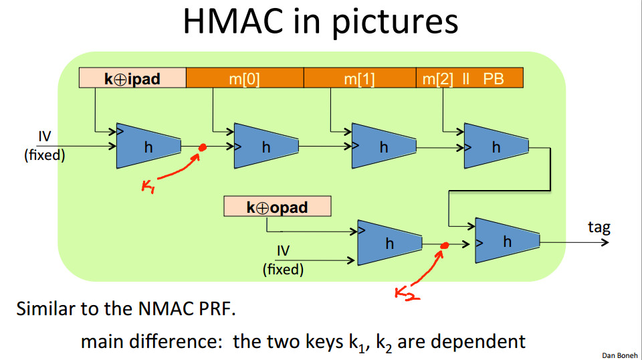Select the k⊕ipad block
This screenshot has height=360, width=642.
click(132, 78)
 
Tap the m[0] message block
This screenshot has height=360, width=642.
click(244, 78)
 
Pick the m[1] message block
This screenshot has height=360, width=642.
click(359, 78)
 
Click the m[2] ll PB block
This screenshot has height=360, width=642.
click(469, 78)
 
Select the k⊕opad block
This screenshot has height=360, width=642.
click(277, 207)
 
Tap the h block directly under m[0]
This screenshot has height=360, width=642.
click(266, 146)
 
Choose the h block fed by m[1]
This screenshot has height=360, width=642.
click(384, 146)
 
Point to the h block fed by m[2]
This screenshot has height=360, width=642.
click(496, 146)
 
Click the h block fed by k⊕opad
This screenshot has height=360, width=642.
click(390, 243)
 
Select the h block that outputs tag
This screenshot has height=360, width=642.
click(507, 241)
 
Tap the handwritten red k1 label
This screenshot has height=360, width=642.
click(148, 186)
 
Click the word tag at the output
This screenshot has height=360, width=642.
click(599, 227)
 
